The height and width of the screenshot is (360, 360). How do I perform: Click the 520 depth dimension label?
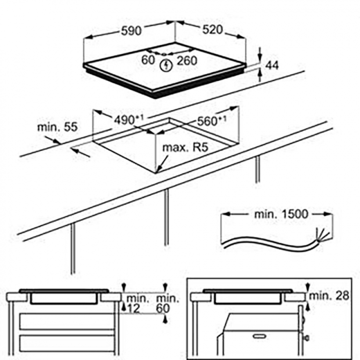[x=212, y=30]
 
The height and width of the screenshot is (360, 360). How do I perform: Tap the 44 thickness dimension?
[x=272, y=66]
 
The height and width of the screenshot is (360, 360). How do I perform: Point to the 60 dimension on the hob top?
[x=148, y=60]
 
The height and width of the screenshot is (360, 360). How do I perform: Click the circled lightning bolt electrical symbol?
[x=166, y=65]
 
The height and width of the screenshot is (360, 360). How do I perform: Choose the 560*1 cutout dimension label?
[x=212, y=120]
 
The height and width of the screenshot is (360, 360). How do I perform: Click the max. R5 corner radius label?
[x=184, y=148]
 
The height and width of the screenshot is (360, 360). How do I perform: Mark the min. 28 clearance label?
[x=328, y=296]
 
